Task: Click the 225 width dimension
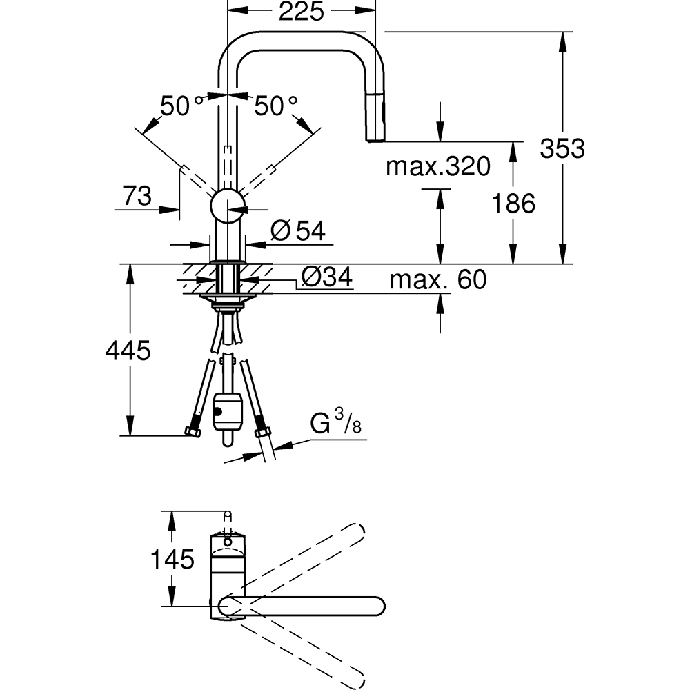(302, 12)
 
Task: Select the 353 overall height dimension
(562, 148)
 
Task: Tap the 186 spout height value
(513, 204)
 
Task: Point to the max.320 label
(438, 166)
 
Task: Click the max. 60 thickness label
(438, 279)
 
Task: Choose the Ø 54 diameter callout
(298, 230)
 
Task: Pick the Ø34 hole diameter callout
(327, 277)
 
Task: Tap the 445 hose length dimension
(128, 351)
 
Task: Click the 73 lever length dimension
(137, 195)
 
